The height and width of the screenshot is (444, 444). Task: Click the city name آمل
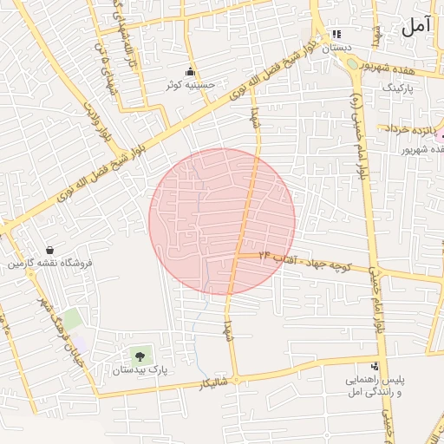tap(415, 26)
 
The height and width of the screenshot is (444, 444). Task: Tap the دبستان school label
tap(337, 49)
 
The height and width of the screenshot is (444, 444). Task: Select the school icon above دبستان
tap(336, 35)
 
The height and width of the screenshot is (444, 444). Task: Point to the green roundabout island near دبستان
tap(352, 63)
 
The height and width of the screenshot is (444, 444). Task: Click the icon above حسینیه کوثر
tap(190, 71)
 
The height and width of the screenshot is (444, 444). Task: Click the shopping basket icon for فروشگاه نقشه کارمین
tap(49, 249)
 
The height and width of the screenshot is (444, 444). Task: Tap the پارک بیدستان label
tap(139, 371)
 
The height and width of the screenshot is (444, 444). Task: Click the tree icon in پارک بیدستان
tap(140, 355)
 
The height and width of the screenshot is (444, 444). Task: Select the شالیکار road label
tap(213, 382)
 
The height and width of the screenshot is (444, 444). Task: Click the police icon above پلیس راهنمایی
tap(375, 367)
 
